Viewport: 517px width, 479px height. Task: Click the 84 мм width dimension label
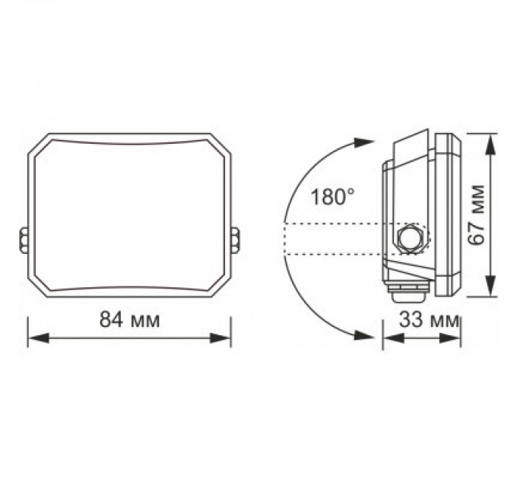click(x=129, y=320)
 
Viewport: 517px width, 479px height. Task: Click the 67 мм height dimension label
click(x=477, y=215)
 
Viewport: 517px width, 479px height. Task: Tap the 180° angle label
click(x=332, y=198)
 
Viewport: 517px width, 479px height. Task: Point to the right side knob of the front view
click(x=235, y=238)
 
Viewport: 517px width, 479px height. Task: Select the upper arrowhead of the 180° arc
click(x=366, y=142)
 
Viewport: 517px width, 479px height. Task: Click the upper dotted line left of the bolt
click(x=335, y=224)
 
